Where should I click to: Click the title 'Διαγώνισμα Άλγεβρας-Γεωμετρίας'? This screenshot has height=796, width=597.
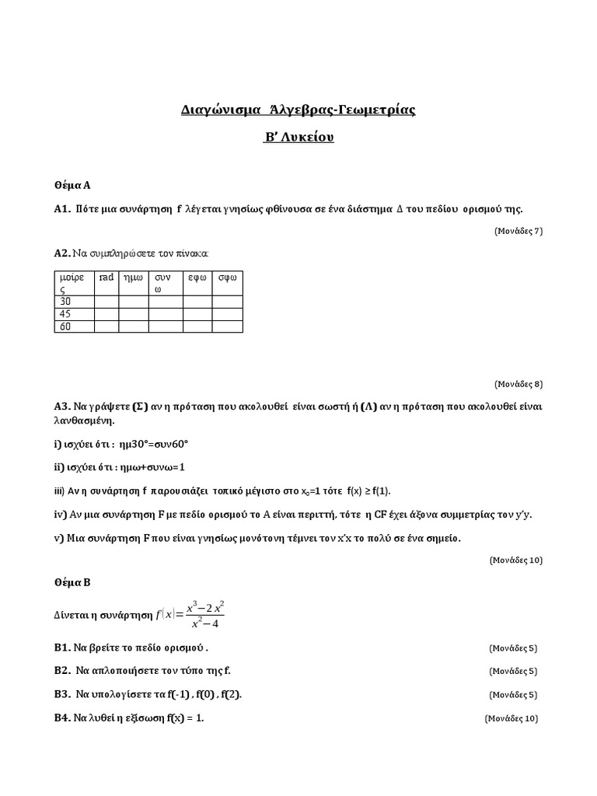298,110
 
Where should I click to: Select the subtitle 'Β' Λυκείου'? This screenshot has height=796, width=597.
298,138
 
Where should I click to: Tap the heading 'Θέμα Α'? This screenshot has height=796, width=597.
72,185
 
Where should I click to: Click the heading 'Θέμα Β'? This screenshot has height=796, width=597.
72,581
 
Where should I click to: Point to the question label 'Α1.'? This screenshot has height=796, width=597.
63,208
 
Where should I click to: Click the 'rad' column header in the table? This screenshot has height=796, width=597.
106,277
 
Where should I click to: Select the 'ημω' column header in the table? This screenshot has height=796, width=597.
133,277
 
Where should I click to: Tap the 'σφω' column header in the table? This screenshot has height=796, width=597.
228,277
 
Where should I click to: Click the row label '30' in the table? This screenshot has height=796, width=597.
65,302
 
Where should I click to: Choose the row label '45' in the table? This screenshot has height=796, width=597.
65,314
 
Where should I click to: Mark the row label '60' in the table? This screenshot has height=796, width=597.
65,326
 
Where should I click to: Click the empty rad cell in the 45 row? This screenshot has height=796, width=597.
106,314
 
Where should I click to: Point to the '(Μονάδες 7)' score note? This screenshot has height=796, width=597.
518,230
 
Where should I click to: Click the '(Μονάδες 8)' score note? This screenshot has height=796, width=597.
518,383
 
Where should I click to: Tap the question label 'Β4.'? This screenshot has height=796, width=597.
63,717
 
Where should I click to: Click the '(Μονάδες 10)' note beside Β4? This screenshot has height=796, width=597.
511,718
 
